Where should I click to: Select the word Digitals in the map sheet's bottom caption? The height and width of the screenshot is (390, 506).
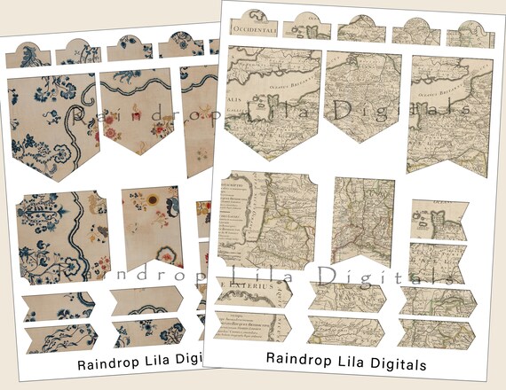[393, 363]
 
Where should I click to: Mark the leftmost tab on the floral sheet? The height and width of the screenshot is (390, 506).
[28, 54]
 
